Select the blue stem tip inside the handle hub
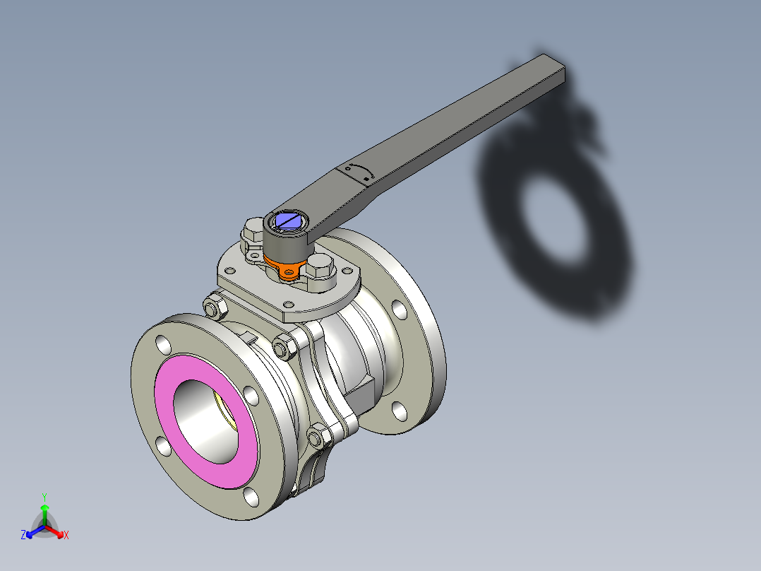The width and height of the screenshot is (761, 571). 289,221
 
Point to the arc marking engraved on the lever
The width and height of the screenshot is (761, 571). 359,172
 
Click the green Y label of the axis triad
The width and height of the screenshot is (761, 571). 44,497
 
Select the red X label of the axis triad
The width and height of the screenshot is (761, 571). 66,536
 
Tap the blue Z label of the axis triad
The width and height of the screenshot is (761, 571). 23,536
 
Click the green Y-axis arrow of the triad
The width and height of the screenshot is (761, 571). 44,510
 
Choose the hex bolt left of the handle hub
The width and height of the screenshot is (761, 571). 253,231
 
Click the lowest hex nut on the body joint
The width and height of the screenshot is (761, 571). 317,437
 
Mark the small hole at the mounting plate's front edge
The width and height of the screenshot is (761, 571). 289,305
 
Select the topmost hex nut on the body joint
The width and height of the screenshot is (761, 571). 214,308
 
